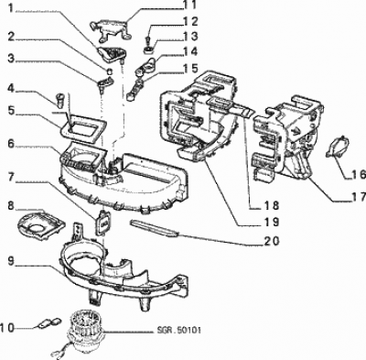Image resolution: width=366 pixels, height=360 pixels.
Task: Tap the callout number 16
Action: (358, 174)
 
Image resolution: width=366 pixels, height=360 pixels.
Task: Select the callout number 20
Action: (270, 241)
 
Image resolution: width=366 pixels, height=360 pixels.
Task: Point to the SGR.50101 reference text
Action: (179, 331)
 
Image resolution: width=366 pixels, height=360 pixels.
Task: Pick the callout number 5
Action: (11, 110)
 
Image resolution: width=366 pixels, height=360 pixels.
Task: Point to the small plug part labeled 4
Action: (60, 101)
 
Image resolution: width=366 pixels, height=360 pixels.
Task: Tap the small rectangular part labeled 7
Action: (102, 223)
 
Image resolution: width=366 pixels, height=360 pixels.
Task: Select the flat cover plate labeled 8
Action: (41, 225)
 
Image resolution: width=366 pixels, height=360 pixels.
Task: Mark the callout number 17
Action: (358, 197)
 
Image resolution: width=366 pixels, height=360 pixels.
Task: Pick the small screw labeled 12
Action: (148, 39)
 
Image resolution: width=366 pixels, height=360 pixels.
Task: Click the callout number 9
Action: (11, 262)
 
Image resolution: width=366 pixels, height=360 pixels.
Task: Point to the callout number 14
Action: (189, 51)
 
